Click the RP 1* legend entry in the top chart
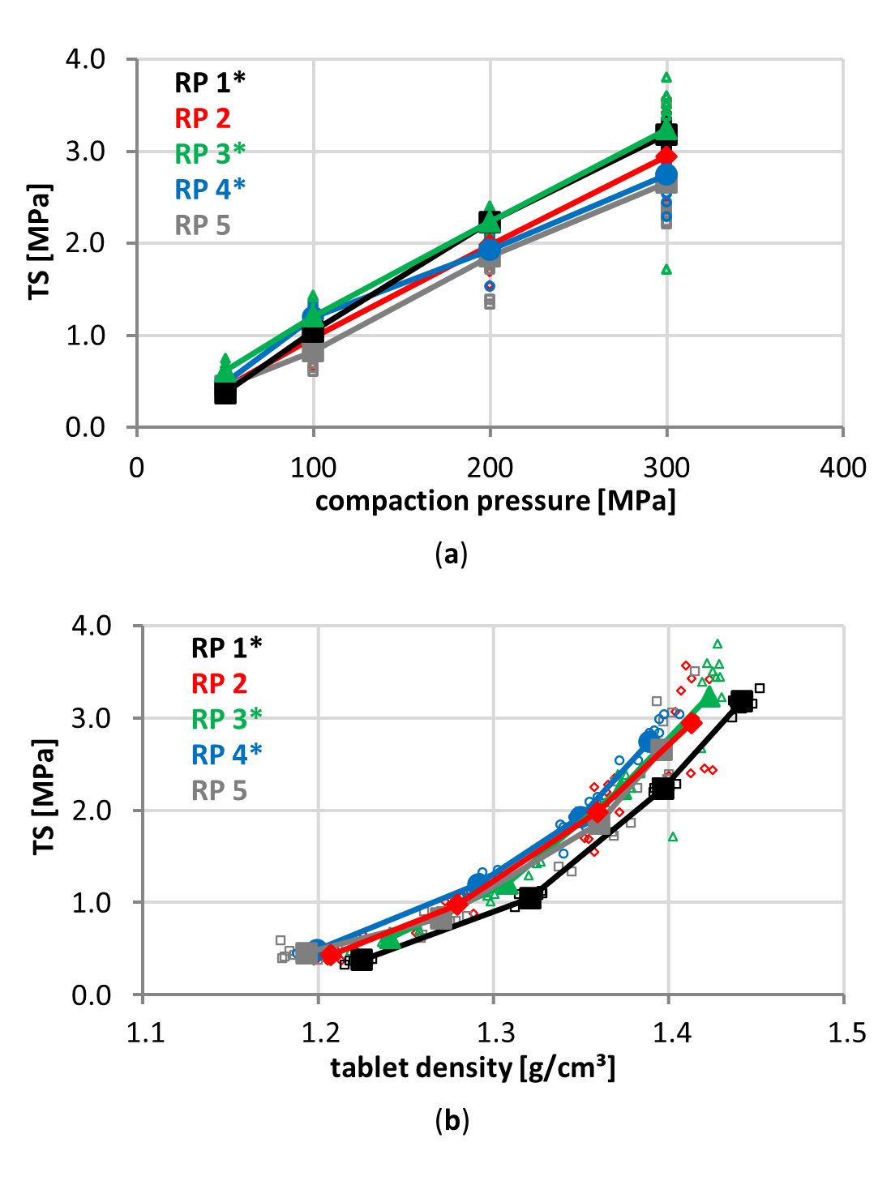(x=209, y=82)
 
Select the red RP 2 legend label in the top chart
(x=203, y=118)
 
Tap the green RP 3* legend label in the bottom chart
(x=226, y=719)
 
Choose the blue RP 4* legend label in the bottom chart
(x=226, y=755)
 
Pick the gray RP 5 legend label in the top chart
(x=203, y=225)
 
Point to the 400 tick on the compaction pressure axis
(x=842, y=468)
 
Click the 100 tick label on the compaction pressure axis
(x=313, y=468)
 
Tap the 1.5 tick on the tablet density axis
(x=843, y=1033)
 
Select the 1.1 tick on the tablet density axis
(x=145, y=1033)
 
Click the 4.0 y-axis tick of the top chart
(x=86, y=59)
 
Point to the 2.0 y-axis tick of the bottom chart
(x=92, y=810)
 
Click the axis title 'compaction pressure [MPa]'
(x=495, y=501)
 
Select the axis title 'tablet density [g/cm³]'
(x=473, y=1067)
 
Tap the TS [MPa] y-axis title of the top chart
(x=40, y=242)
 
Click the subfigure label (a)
(x=452, y=554)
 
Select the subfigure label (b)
(x=452, y=1120)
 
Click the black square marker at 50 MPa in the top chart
(x=225, y=393)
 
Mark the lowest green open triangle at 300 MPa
(x=666, y=269)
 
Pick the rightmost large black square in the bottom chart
(x=740, y=702)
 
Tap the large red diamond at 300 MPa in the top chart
(x=666, y=156)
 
